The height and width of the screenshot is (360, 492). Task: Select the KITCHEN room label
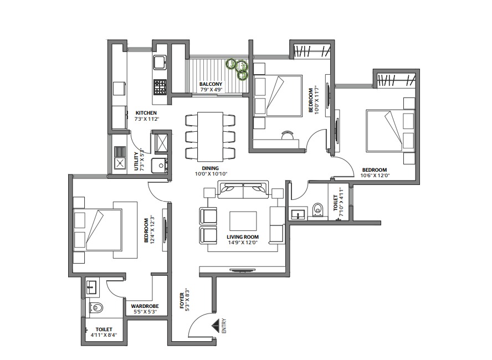pos(147,113)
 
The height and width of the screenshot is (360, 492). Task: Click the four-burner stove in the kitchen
pos(160,86)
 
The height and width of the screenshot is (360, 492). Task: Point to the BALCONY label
pos(211,85)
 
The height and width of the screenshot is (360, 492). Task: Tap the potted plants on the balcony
pos(239,68)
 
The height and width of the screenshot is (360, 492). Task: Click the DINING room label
pos(211,168)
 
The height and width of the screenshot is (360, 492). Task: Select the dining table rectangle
pos(210,136)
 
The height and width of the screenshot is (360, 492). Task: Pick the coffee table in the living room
pos(243,222)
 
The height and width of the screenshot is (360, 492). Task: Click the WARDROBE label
pos(145,306)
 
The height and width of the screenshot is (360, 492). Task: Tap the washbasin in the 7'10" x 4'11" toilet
pos(298,213)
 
